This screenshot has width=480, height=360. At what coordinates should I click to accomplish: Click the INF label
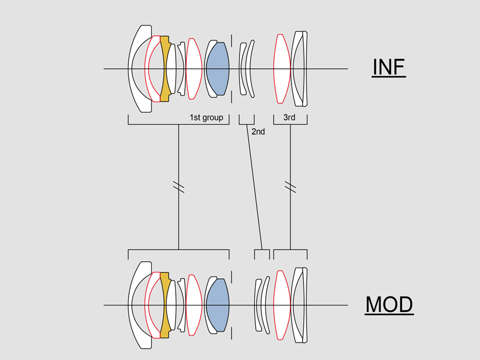tap(389, 67)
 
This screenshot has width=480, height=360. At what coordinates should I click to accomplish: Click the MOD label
tap(389, 305)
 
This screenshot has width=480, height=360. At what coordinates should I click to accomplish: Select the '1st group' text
tap(206, 118)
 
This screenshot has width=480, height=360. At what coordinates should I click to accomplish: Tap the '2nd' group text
tap(258, 131)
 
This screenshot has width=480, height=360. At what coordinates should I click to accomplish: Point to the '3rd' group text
tap(289, 118)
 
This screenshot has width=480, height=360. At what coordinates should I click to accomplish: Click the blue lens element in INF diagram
tap(218, 68)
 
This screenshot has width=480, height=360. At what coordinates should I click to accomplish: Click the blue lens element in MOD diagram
tap(218, 305)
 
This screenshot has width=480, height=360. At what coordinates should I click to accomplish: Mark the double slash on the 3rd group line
tap(290, 187)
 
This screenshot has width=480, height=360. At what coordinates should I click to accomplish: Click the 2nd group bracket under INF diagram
tap(247, 122)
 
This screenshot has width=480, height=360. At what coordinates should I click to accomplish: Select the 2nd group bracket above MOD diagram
tap(262, 252)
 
